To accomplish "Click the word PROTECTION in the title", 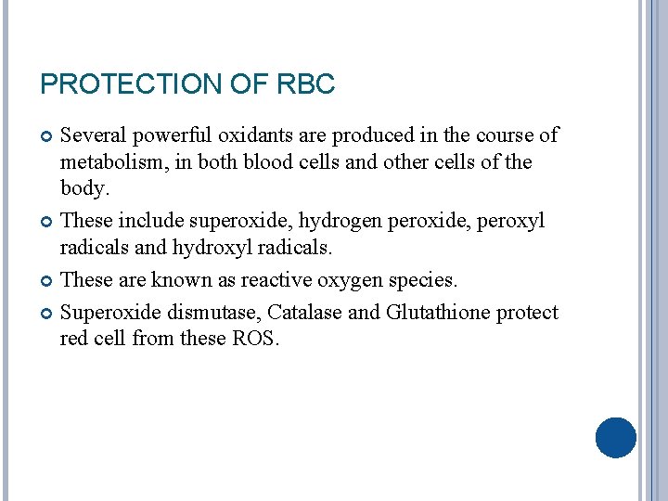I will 130,85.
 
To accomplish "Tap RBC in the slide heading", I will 306,85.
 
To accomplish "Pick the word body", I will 83,188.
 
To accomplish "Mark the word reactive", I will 286,280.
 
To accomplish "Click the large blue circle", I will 615,438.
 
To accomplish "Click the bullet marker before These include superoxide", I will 47,222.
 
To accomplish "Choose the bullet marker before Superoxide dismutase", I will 47,314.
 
